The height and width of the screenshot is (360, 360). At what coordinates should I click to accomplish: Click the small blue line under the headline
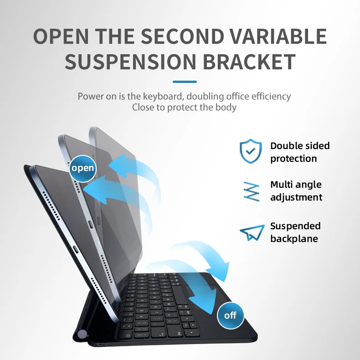(x=185, y=82)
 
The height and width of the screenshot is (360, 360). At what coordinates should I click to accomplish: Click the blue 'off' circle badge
(x=231, y=315)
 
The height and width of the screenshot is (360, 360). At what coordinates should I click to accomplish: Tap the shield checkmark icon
(x=251, y=151)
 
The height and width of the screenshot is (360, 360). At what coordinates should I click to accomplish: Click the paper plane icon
(x=252, y=232)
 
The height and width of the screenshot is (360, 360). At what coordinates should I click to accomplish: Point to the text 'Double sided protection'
(x=299, y=152)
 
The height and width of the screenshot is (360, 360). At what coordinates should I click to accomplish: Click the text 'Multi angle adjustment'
(x=296, y=191)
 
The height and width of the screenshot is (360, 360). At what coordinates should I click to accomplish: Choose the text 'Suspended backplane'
(x=295, y=232)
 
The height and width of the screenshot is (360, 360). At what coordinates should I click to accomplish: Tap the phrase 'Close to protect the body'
(x=184, y=108)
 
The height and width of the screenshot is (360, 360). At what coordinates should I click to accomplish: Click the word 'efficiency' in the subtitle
(x=271, y=96)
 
